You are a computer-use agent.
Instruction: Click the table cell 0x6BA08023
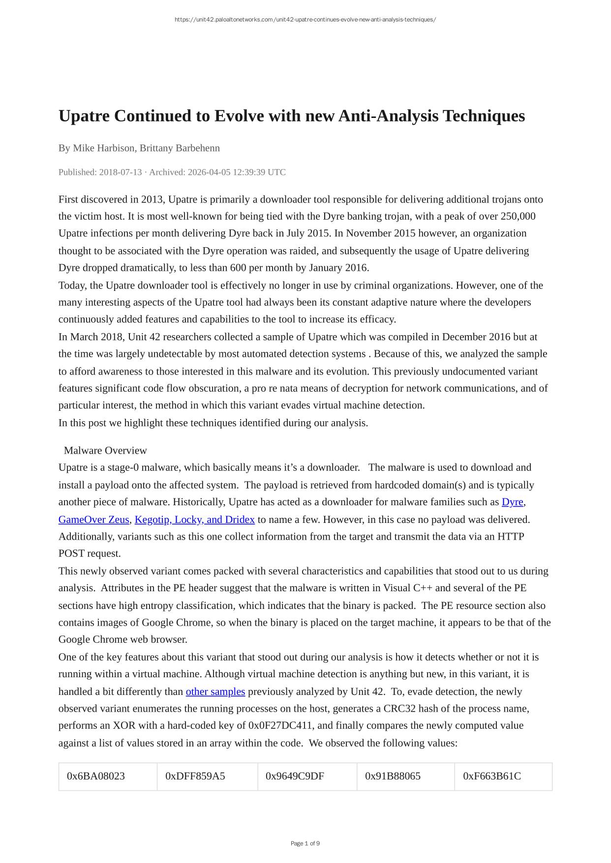[x=96, y=776]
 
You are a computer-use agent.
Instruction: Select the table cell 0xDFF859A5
[x=195, y=776]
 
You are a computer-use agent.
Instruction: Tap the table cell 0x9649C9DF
[x=295, y=776]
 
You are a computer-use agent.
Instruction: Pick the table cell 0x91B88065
[x=393, y=776]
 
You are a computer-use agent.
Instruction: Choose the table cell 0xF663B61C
[x=492, y=776]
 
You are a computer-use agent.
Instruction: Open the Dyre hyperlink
[x=512, y=502]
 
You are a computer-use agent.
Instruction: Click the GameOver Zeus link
[x=93, y=519]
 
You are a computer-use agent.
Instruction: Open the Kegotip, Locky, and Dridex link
[x=194, y=519]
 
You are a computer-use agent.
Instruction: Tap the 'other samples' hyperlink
[x=215, y=691]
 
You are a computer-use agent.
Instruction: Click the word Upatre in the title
[x=85, y=116]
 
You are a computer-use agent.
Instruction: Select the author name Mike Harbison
[x=103, y=148]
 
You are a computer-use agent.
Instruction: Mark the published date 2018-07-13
[x=120, y=172]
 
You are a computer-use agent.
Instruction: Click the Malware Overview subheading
[x=105, y=450]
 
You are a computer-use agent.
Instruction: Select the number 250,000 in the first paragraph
[x=518, y=216]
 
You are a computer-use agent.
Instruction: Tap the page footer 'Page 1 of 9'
[x=305, y=843]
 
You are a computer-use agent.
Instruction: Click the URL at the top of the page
[x=305, y=20]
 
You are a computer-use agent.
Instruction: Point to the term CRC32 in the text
[x=400, y=709]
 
